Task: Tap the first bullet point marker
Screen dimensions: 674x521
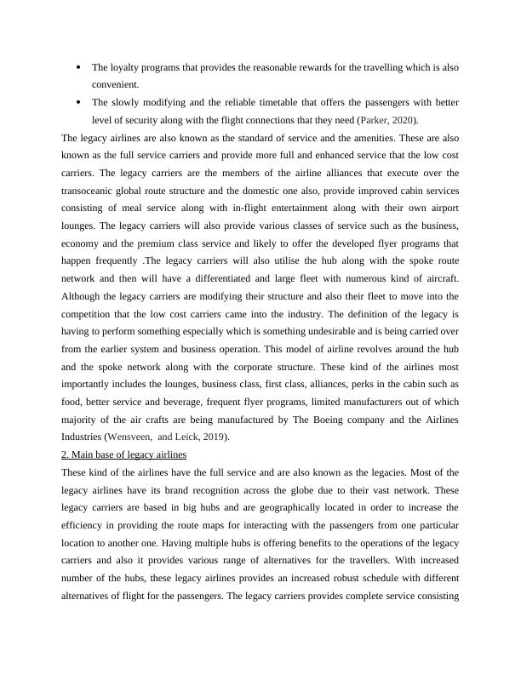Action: pyautogui.click(x=78, y=66)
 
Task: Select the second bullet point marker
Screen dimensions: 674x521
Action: pyautogui.click(x=78, y=102)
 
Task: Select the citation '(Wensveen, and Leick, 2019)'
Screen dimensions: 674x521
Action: pyautogui.click(x=175, y=437)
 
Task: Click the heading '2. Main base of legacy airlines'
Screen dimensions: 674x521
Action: pyautogui.click(x=124, y=454)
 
